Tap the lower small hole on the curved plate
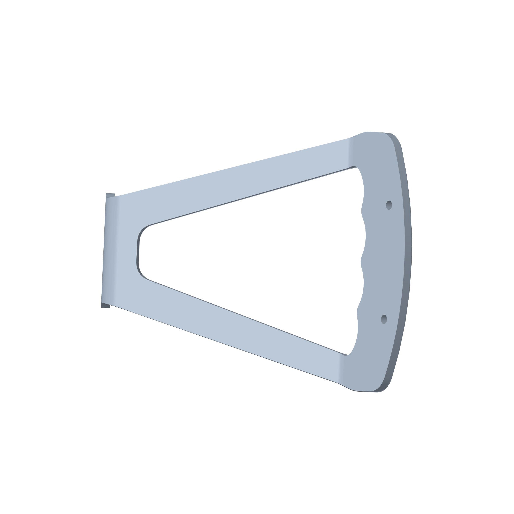coord(384,319)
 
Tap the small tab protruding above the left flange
coord(110,195)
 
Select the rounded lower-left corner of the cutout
coord(142,274)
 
